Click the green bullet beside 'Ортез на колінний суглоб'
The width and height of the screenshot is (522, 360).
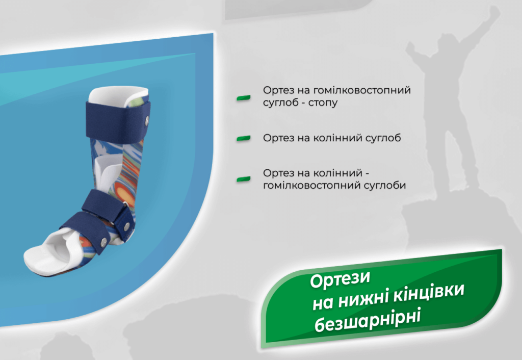tap(244, 138)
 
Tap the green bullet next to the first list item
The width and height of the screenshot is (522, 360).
tap(244, 97)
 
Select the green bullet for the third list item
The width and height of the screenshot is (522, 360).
tap(244, 178)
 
